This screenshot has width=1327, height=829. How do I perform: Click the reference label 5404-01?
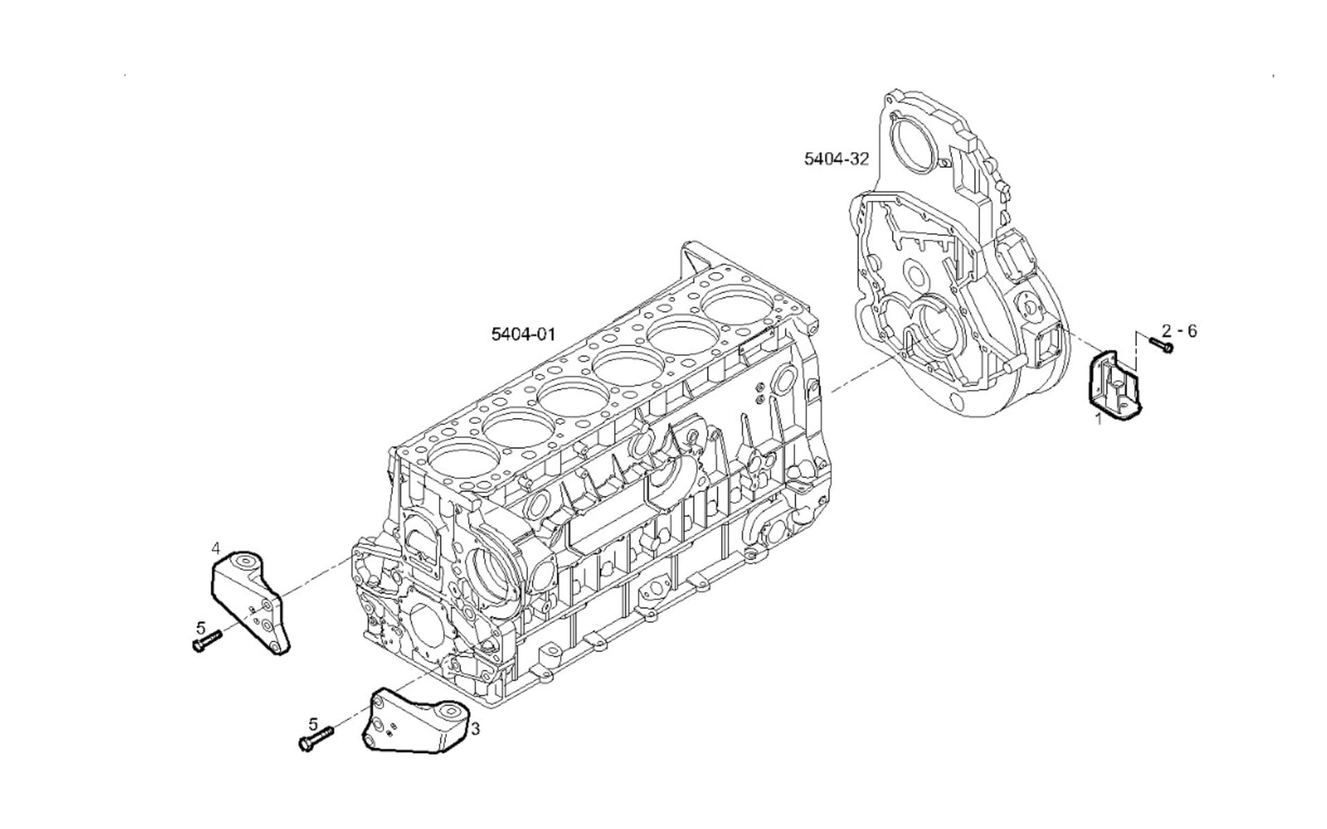tap(523, 334)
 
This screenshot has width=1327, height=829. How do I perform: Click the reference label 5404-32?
tap(836, 159)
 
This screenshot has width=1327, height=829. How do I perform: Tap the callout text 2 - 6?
tap(1179, 331)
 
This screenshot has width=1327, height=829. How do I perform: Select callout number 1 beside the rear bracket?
tap(1098, 418)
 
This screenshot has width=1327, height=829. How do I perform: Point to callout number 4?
tap(216, 549)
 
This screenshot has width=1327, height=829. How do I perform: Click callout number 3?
tap(476, 728)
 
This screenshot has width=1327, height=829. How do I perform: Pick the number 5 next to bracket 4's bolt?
tap(200, 628)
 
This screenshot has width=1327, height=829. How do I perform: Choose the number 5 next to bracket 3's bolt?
tap(313, 725)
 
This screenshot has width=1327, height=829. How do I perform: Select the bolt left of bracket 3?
tap(315, 739)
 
